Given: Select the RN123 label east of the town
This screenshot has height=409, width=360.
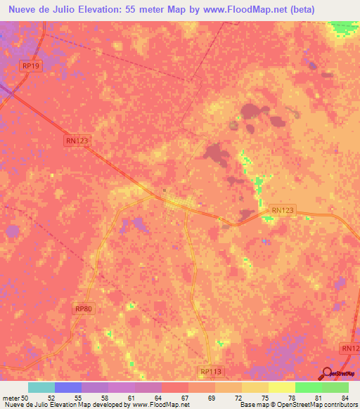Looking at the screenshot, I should pyautogui.click(x=282, y=209).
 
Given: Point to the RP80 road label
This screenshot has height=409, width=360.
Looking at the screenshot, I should pyautogui.click(x=83, y=309).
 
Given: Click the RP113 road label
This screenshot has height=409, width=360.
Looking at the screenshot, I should pyautogui.click(x=210, y=372).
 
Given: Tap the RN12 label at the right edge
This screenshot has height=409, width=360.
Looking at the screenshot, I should pyautogui.click(x=349, y=348).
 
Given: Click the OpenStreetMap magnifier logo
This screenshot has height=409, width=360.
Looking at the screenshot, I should pyautogui.click(x=328, y=373).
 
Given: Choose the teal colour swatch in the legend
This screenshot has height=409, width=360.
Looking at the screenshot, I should pyautogui.click(x=41, y=387).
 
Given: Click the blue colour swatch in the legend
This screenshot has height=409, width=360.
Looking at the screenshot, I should pyautogui.click(x=68, y=387).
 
